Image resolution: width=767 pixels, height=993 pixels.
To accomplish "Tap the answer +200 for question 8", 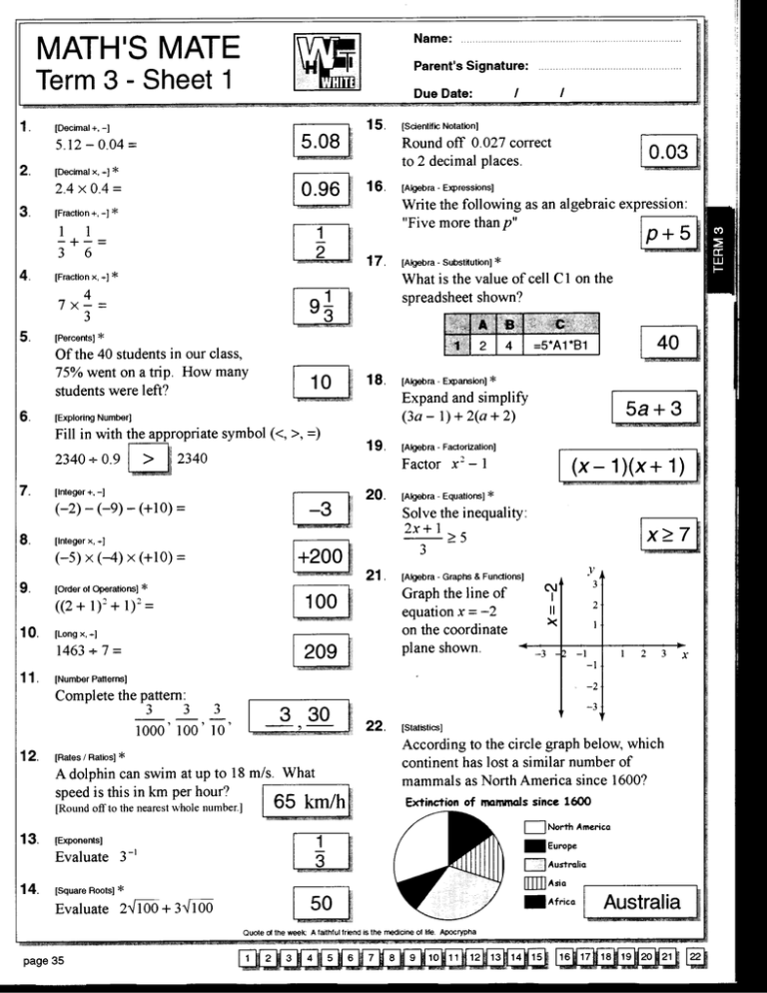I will (320, 554).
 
